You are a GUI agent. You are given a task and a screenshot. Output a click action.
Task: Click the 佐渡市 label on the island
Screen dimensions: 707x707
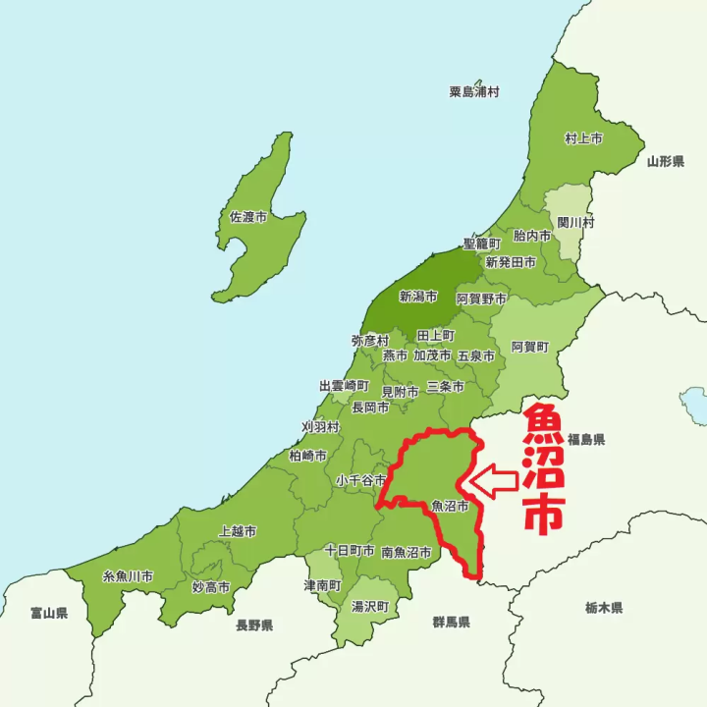pos(247,216)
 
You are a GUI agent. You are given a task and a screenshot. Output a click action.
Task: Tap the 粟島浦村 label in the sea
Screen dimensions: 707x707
pos(474,91)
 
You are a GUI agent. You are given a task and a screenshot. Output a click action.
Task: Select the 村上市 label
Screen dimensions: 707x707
pos(583,138)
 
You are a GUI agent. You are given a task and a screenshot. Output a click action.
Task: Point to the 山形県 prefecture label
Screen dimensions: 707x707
pos(665,160)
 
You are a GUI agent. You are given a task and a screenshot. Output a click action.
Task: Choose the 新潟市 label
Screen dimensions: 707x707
pos(417,296)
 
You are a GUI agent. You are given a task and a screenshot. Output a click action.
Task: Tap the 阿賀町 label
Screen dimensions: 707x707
pos(530,347)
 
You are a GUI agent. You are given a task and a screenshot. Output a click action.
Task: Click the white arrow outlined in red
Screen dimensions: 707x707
pos(494,481)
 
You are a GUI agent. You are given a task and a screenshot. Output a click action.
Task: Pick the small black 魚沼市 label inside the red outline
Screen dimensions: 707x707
pos(450,507)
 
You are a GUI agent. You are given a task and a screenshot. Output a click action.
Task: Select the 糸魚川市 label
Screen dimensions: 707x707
pos(128,575)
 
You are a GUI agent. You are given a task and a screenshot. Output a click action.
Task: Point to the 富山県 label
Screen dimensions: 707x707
pos(48,613)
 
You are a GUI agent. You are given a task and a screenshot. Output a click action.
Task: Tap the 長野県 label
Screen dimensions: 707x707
pos(253,625)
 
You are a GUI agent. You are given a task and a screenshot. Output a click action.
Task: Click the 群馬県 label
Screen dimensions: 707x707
pos(451,623)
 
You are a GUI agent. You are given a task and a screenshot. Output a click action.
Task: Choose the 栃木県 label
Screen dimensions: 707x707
pos(604,608)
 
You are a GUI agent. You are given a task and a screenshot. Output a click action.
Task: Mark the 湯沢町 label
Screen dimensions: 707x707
pos(370,607)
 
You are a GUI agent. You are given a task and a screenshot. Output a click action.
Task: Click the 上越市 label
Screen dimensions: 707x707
pos(238,530)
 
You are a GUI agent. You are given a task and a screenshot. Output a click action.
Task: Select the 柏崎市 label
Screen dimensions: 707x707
pos(308,456)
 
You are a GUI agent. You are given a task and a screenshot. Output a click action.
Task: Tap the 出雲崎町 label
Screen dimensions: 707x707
pos(344,386)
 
